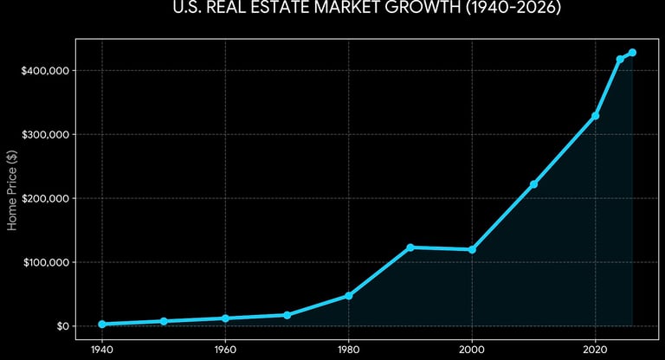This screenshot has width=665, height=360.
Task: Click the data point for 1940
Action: pos(102,324)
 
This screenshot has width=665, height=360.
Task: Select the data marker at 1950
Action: pos(164,321)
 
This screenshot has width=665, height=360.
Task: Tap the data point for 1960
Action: pos(225,318)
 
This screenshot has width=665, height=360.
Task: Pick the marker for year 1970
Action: pos(287,315)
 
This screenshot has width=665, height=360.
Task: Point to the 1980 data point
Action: pos(349,296)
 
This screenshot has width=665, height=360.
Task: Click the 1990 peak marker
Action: pos(410,247)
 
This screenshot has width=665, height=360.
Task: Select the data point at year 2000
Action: pos(472,250)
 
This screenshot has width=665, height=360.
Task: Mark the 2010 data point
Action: pos(533,184)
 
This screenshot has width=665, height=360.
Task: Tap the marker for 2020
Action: pos(596,116)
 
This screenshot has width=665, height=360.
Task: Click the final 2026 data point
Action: pos(632,53)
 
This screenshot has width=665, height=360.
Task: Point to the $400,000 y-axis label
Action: pos(46,70)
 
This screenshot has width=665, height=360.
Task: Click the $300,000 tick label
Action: pos(46,134)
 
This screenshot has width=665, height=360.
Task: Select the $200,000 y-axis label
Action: pos(46,198)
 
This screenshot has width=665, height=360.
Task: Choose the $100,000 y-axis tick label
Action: pos(46,262)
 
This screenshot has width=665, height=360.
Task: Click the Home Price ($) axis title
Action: pos(12,198)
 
